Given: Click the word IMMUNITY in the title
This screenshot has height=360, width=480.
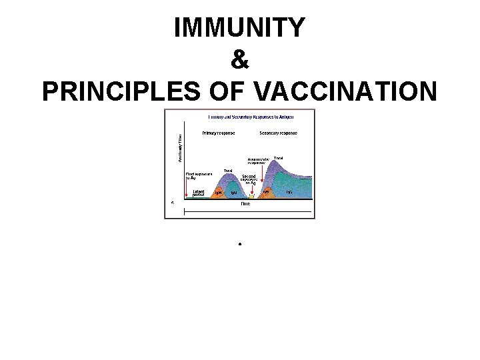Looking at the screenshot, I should point(240,28).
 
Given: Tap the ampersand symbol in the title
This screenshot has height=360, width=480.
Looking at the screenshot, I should point(240,61).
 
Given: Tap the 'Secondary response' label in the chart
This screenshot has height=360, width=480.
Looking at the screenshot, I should point(278,133).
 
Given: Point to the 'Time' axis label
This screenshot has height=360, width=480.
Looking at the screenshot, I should point(245,203).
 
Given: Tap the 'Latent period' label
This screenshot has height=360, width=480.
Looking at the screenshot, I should point(199,193).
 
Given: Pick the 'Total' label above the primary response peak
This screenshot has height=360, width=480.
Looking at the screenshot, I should point(228,171).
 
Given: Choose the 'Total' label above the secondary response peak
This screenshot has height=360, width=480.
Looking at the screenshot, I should point(279,158).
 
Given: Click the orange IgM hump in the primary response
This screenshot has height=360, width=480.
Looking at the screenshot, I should point(218,193).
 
